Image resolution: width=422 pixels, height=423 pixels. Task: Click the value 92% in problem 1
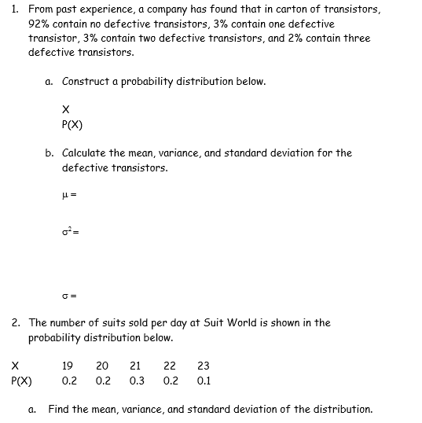coord(39,24)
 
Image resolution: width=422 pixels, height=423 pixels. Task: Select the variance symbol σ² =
coord(68,233)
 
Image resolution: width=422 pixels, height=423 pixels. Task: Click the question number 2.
coord(16,322)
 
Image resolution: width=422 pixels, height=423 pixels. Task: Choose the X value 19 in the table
coord(68,365)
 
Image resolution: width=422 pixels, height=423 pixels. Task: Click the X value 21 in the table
coord(135,365)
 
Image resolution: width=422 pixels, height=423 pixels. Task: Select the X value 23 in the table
coord(203,365)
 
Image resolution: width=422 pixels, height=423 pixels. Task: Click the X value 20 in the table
coord(102,365)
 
